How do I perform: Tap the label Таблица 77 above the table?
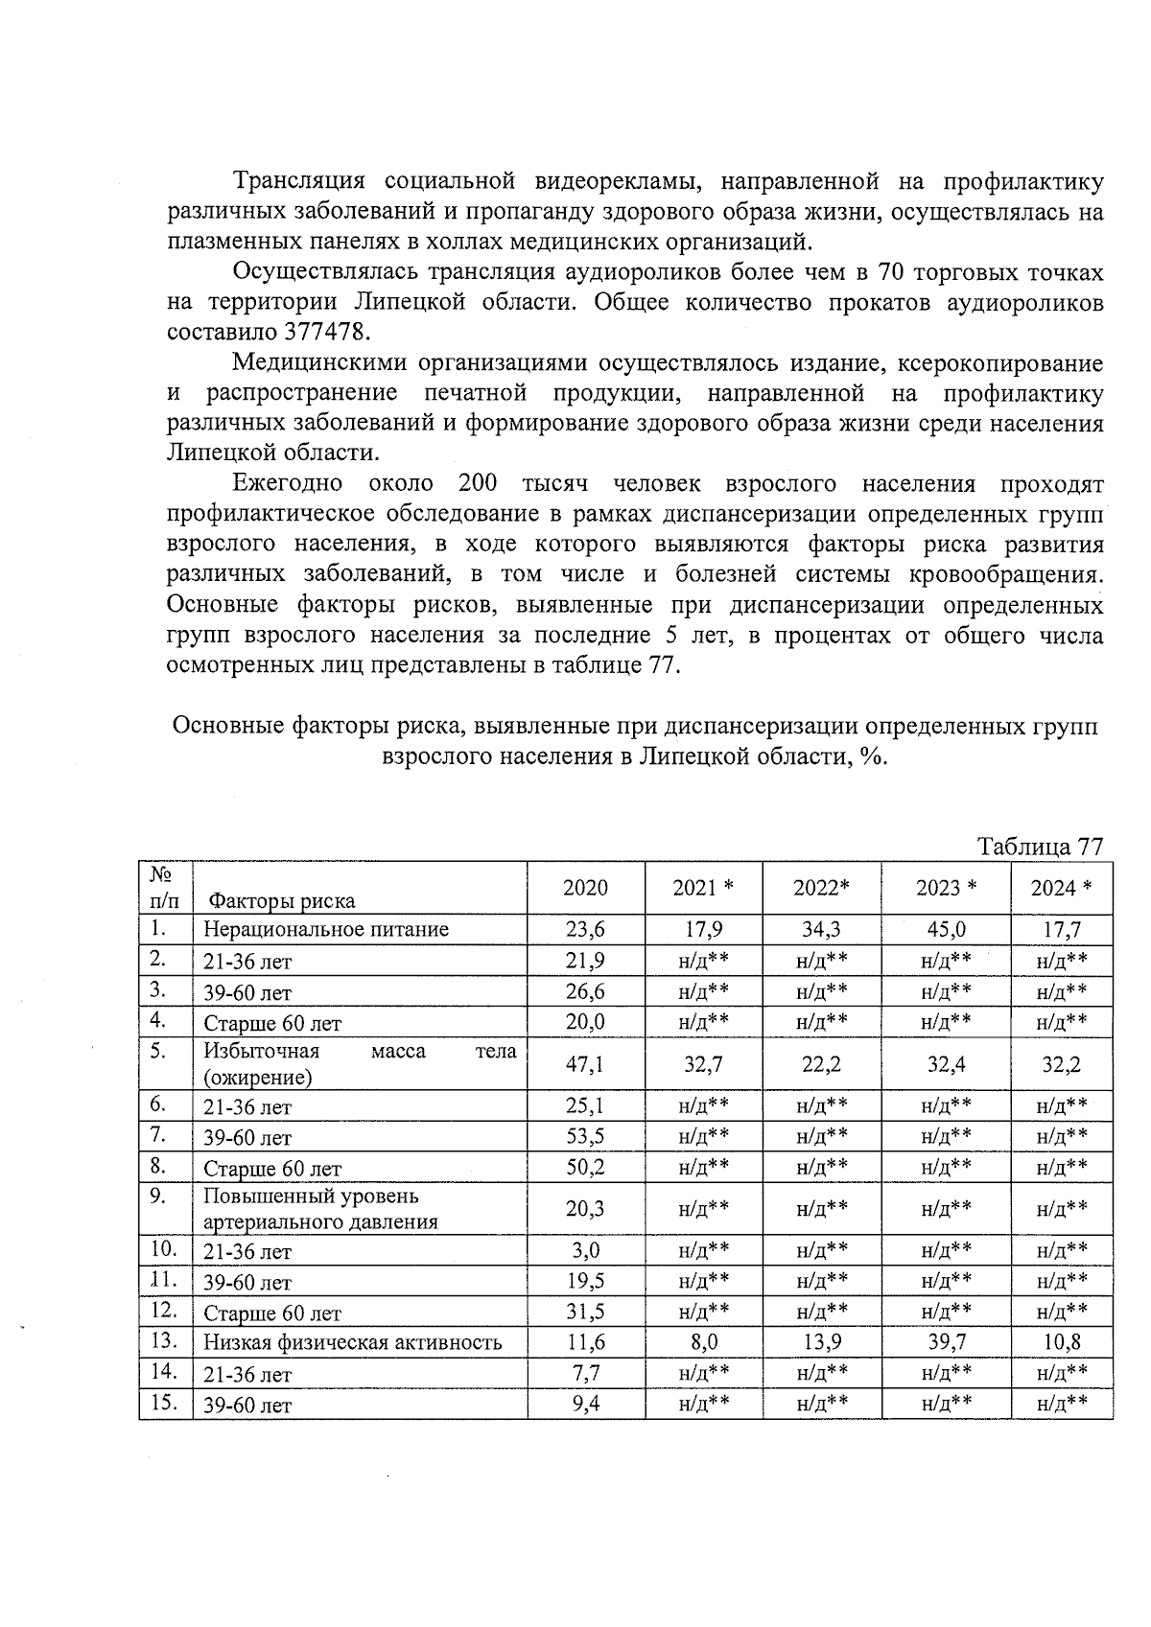point(1040,847)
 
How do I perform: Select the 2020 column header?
point(585,888)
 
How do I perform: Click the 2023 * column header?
point(946,888)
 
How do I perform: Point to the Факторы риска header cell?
point(282,900)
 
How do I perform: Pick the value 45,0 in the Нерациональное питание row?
point(946,929)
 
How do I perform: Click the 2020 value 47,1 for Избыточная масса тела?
point(585,1064)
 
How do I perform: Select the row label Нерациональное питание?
point(326,929)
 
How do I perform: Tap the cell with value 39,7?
point(946,1342)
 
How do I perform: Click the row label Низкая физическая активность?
point(352,1342)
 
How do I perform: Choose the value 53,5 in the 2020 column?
point(585,1137)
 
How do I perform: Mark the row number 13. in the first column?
point(165,1341)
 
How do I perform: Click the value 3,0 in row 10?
point(585,1250)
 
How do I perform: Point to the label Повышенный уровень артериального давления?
point(320,1209)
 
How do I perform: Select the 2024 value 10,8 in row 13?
point(1061,1342)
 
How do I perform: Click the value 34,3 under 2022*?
point(821,929)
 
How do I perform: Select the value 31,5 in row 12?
point(585,1312)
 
